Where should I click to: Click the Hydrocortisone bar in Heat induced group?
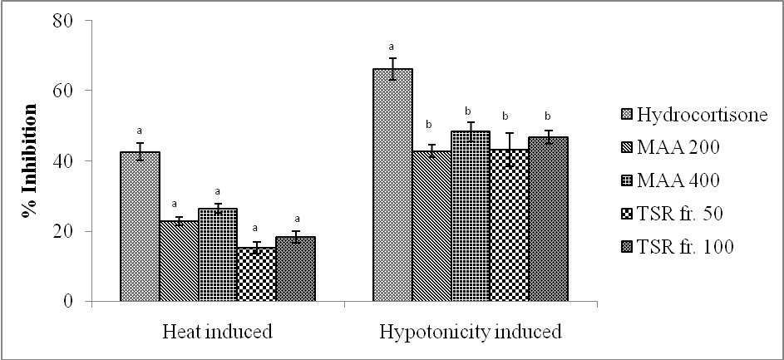(140, 226)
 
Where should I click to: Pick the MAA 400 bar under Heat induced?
(217, 254)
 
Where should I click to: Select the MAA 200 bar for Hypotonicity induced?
(431, 225)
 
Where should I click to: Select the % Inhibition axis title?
(31, 161)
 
